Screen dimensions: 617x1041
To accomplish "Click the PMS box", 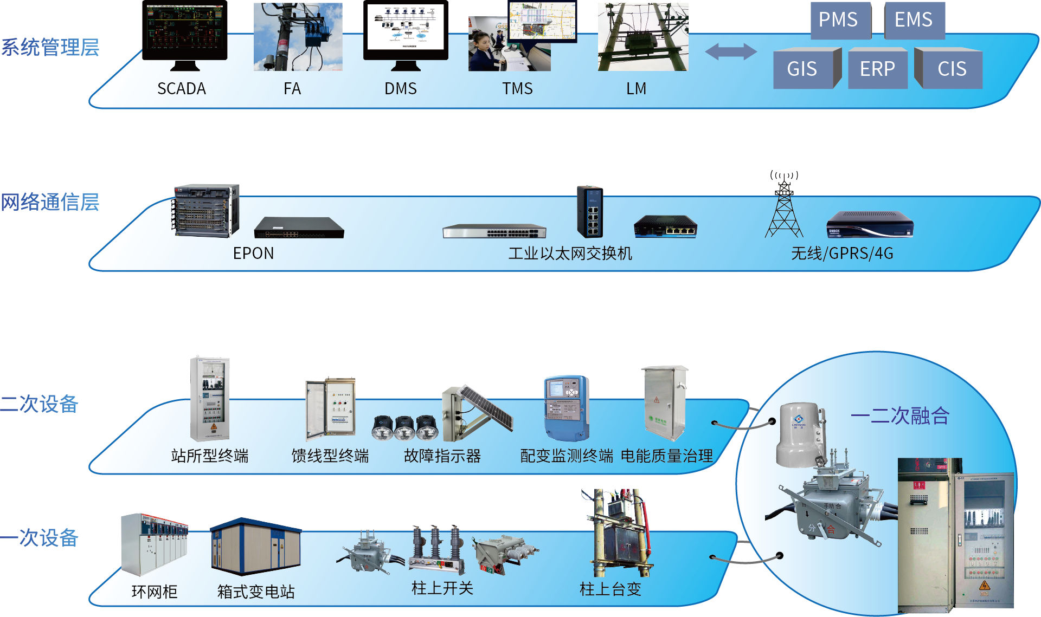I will point(838,20).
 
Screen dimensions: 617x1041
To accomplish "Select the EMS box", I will point(914,20).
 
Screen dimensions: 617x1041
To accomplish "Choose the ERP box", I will point(877,69).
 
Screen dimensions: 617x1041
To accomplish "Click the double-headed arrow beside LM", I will point(730,52).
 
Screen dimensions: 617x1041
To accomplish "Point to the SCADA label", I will point(182,89).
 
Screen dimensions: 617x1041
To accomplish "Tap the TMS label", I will point(517,89).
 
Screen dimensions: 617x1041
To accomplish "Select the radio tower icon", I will point(784,209).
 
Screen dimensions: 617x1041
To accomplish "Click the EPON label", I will point(253,254).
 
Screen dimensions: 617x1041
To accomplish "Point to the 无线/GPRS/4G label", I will point(841,254).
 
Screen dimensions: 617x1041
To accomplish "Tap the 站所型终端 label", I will point(210,456).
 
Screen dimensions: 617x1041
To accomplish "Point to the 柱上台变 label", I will point(611,589).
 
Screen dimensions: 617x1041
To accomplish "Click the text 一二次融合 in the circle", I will point(900,415).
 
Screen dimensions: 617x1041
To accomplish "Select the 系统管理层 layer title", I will point(50,48).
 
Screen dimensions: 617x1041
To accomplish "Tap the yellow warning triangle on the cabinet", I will point(984,586).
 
